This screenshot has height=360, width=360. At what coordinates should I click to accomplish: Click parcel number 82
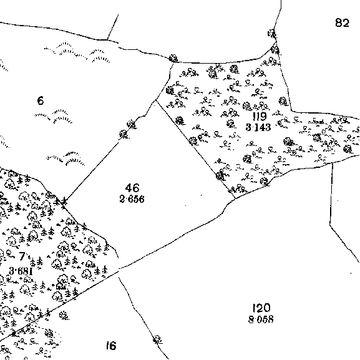[342, 22]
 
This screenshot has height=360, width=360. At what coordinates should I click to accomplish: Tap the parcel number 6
[41, 100]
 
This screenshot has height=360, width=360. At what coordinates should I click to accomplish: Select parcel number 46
[132, 188]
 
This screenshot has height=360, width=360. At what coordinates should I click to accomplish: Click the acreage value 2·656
[132, 199]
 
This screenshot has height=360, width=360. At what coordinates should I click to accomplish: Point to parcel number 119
[260, 117]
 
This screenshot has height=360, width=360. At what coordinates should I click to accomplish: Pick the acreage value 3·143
[258, 127]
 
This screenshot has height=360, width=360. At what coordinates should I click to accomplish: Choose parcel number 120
[261, 308]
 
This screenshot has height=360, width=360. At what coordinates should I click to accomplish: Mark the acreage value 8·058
[261, 319]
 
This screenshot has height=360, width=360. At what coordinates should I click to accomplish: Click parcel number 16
[111, 345]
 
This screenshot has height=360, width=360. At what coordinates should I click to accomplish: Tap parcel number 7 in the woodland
[22, 256]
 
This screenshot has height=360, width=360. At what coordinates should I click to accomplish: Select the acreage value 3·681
[21, 271]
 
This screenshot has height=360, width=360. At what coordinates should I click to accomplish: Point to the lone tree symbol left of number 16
[64, 315]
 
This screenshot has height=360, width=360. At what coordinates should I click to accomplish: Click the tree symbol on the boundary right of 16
[157, 339]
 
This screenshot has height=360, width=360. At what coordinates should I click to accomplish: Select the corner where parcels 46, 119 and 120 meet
[236, 198]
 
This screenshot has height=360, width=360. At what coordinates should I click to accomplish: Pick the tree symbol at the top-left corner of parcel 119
[173, 59]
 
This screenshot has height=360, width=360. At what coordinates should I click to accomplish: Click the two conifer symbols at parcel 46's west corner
[61, 202]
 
